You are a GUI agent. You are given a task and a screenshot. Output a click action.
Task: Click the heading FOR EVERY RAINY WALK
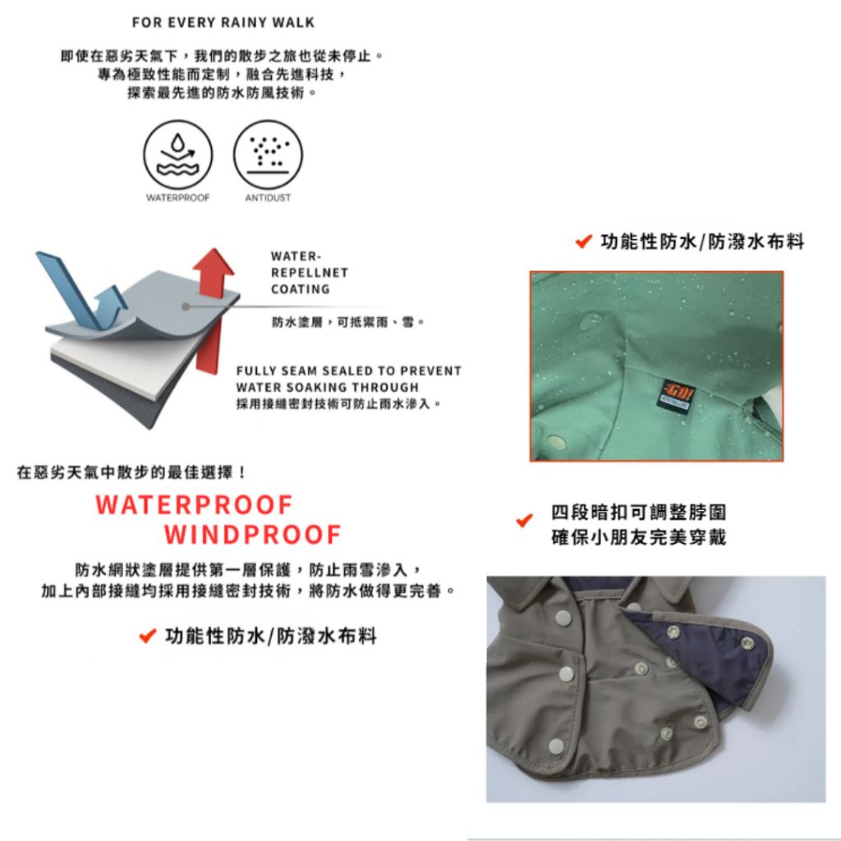[x=223, y=22]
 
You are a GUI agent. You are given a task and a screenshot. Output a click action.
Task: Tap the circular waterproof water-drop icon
[x=178, y=154]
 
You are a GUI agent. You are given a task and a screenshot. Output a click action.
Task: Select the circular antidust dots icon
[x=268, y=154]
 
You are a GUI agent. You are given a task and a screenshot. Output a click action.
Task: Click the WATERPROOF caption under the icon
[x=178, y=198]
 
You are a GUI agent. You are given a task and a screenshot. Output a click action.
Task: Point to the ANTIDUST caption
[x=268, y=198]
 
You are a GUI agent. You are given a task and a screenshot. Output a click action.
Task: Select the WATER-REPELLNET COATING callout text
[x=310, y=273]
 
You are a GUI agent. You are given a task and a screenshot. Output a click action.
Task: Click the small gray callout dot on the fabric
[x=186, y=307]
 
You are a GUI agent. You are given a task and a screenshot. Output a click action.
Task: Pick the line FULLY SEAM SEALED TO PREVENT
[x=348, y=370]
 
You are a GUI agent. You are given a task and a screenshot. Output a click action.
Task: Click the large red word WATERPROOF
[x=194, y=505]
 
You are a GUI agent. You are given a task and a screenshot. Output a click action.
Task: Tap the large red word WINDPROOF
[x=253, y=534]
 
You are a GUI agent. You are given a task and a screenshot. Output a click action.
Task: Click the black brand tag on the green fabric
[x=678, y=394]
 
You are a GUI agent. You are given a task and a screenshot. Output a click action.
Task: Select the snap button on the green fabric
[x=557, y=442]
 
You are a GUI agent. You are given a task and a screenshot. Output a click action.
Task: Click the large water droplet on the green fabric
[x=591, y=322]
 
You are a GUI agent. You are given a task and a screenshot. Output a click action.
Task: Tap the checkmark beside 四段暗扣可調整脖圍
[x=524, y=520]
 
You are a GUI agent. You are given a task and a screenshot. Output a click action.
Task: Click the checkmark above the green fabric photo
[x=584, y=241]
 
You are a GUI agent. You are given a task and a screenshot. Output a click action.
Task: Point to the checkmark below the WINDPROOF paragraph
[x=148, y=636]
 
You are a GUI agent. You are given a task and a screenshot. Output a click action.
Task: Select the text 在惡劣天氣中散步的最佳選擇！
[x=132, y=472]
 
